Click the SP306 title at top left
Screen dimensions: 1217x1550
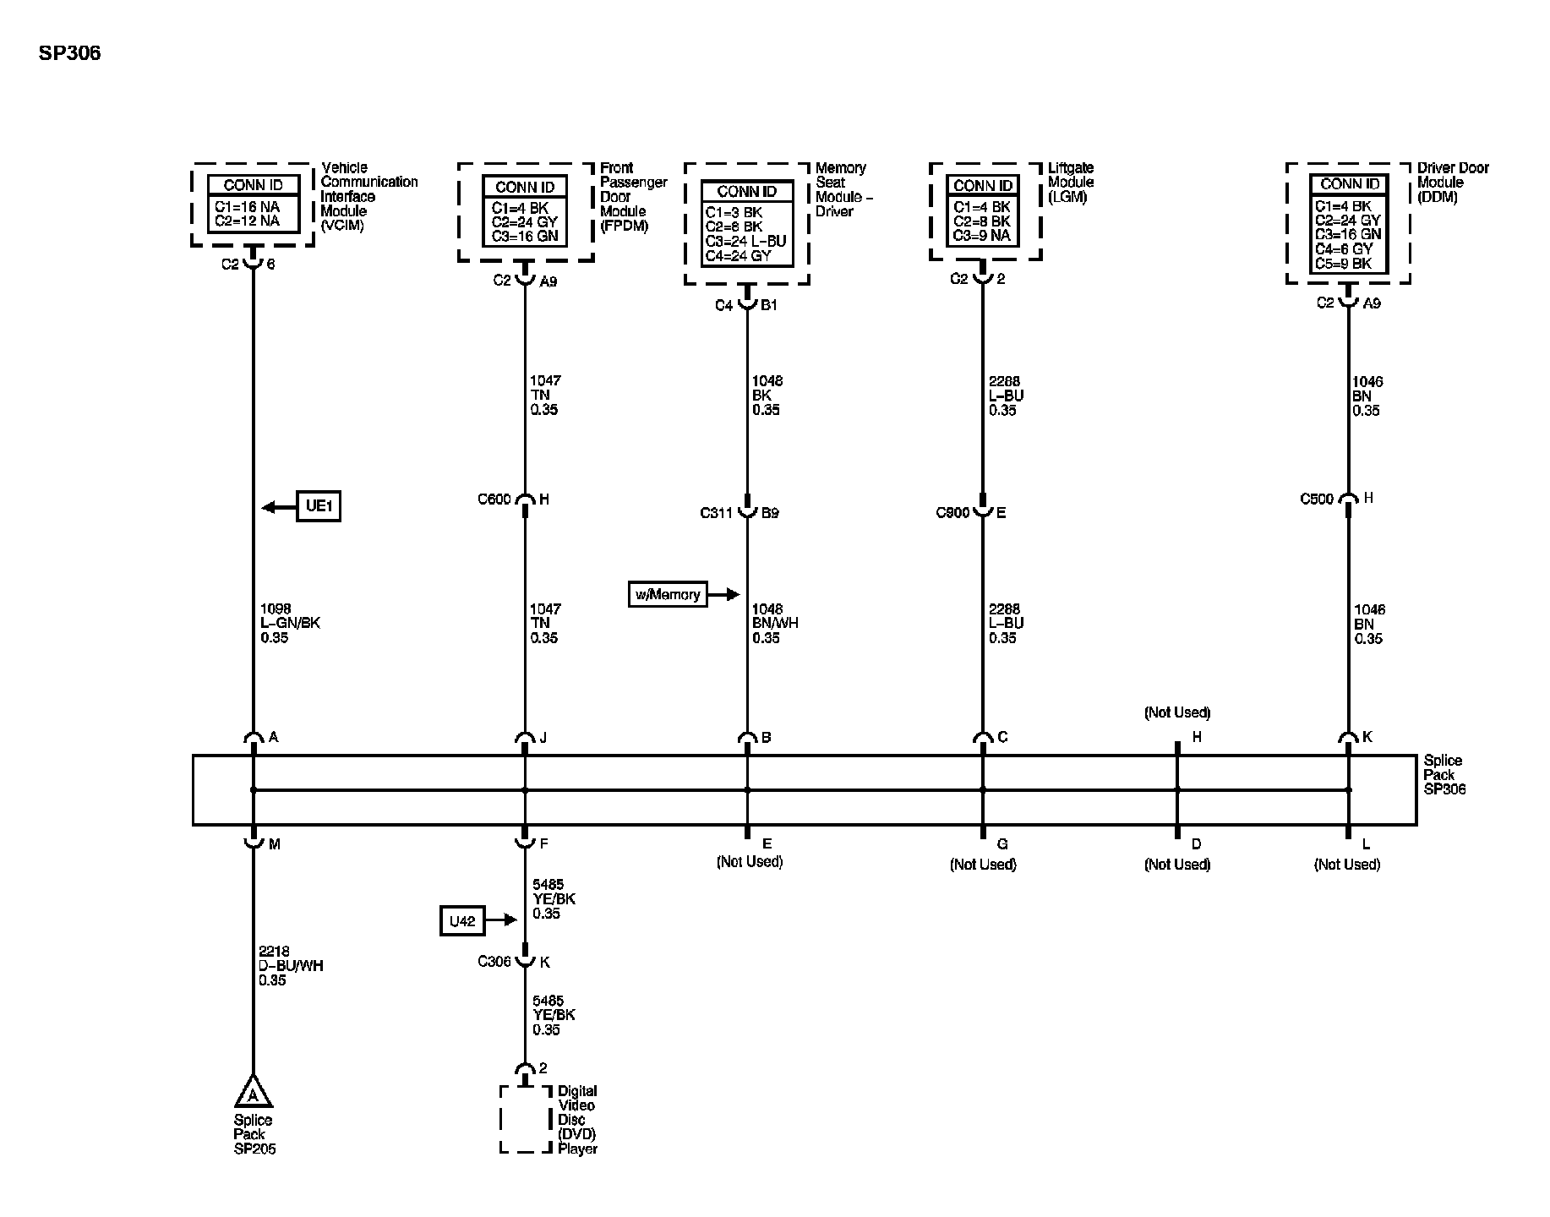tap(69, 53)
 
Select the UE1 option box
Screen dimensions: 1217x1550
tap(318, 506)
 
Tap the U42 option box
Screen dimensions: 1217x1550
tap(462, 921)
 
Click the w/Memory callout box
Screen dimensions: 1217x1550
tap(668, 595)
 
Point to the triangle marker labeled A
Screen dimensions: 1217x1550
tap(253, 1092)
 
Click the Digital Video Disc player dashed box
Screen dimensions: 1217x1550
tap(526, 1119)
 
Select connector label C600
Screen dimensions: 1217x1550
tap(494, 499)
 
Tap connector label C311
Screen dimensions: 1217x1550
tap(716, 513)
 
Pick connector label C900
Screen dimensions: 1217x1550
tap(952, 513)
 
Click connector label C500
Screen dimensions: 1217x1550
tap(1316, 499)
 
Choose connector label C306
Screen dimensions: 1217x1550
tap(494, 962)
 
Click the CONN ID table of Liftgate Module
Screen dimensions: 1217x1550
tap(982, 211)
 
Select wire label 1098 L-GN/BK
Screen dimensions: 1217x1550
tap(290, 623)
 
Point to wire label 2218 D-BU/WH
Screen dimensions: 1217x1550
tap(291, 966)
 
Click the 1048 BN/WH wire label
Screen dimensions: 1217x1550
tap(775, 624)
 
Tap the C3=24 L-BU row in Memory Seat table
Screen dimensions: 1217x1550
tap(745, 241)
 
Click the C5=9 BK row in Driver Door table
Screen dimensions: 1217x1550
tap(1348, 264)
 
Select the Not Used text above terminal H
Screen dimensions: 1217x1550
tap(1176, 712)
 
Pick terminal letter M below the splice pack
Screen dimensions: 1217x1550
tap(274, 844)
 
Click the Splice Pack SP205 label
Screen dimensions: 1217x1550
tap(254, 1135)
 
